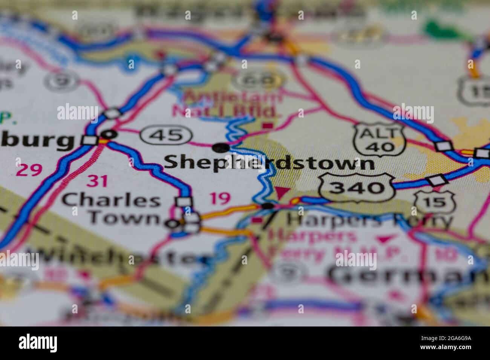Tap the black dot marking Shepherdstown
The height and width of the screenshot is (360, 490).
(x=220, y=148)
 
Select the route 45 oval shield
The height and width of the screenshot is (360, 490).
(x=166, y=134)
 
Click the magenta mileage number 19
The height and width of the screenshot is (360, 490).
(x=220, y=198)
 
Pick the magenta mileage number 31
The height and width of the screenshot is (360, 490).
(x=97, y=181)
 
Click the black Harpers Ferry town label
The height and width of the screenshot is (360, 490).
(x=369, y=221)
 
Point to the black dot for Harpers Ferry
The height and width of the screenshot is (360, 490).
(x=268, y=206)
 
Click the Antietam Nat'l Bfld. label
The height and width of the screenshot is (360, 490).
(x=227, y=104)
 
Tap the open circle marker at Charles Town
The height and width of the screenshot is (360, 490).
(x=172, y=224)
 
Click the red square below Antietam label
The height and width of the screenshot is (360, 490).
(x=268, y=125)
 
